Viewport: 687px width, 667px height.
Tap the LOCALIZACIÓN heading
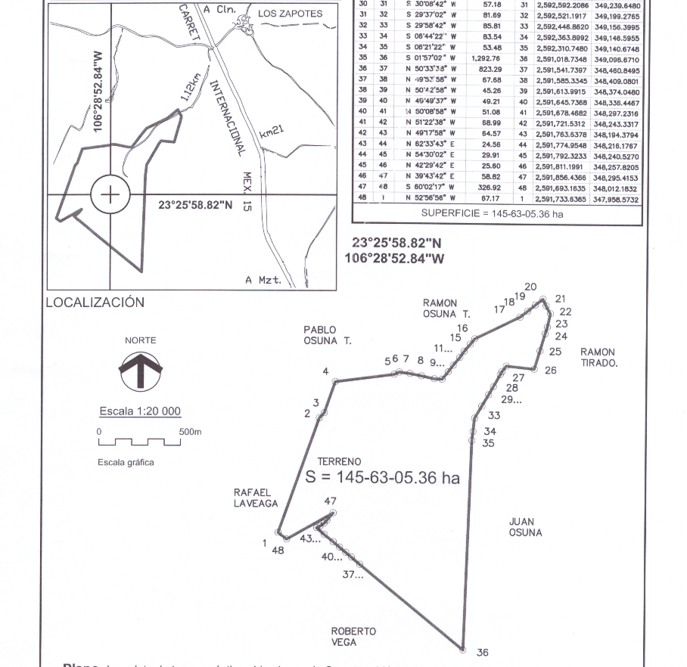(x=95, y=302)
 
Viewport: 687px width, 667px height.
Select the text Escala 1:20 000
(x=140, y=411)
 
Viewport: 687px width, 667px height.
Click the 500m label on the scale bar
(x=190, y=431)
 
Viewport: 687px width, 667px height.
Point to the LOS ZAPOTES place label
(x=290, y=14)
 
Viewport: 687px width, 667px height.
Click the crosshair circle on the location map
(x=110, y=195)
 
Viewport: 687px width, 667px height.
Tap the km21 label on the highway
(x=271, y=132)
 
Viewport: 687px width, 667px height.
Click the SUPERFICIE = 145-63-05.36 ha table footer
(x=492, y=214)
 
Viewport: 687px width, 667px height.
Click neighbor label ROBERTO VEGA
(x=353, y=637)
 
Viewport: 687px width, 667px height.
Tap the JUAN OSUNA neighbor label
(x=525, y=527)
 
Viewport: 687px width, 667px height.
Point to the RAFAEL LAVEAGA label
(x=256, y=498)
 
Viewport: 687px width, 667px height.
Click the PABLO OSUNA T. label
(x=327, y=335)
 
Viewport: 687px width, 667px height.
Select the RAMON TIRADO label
(x=598, y=357)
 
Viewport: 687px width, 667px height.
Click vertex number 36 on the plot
(x=483, y=653)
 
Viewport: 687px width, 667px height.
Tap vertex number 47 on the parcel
(x=330, y=501)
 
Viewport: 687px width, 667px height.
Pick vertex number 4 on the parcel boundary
(x=325, y=371)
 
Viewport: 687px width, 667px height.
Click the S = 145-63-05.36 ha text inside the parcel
(x=382, y=478)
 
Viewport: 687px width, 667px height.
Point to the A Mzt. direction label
(x=263, y=280)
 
